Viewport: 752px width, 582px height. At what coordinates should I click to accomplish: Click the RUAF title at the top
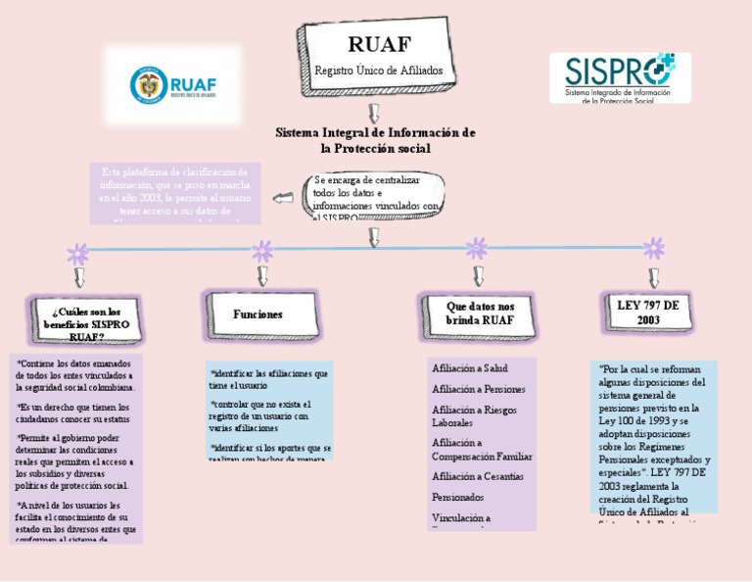click(379, 44)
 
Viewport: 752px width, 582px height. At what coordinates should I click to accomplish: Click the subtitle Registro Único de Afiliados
click(378, 71)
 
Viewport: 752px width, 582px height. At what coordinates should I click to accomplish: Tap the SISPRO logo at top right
click(619, 77)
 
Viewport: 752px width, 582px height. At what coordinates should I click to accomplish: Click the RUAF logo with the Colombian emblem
click(173, 84)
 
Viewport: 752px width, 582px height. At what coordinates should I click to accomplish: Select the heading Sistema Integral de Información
click(375, 140)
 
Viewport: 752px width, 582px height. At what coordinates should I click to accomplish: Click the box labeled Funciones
click(258, 315)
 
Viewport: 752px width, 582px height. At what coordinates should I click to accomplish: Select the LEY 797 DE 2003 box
click(648, 313)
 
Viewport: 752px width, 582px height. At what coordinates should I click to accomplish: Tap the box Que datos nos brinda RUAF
click(480, 314)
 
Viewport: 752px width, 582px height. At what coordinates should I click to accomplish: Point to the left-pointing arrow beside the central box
click(283, 198)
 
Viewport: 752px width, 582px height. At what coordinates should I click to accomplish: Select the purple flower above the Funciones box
click(262, 252)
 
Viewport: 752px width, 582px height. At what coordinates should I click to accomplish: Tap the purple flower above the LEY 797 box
click(653, 248)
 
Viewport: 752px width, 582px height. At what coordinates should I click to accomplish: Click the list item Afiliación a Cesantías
click(477, 476)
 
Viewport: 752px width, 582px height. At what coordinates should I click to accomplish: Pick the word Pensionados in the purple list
click(457, 498)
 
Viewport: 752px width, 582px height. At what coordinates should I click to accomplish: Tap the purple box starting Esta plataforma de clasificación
click(175, 192)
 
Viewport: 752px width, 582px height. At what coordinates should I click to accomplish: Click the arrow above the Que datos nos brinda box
click(478, 276)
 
